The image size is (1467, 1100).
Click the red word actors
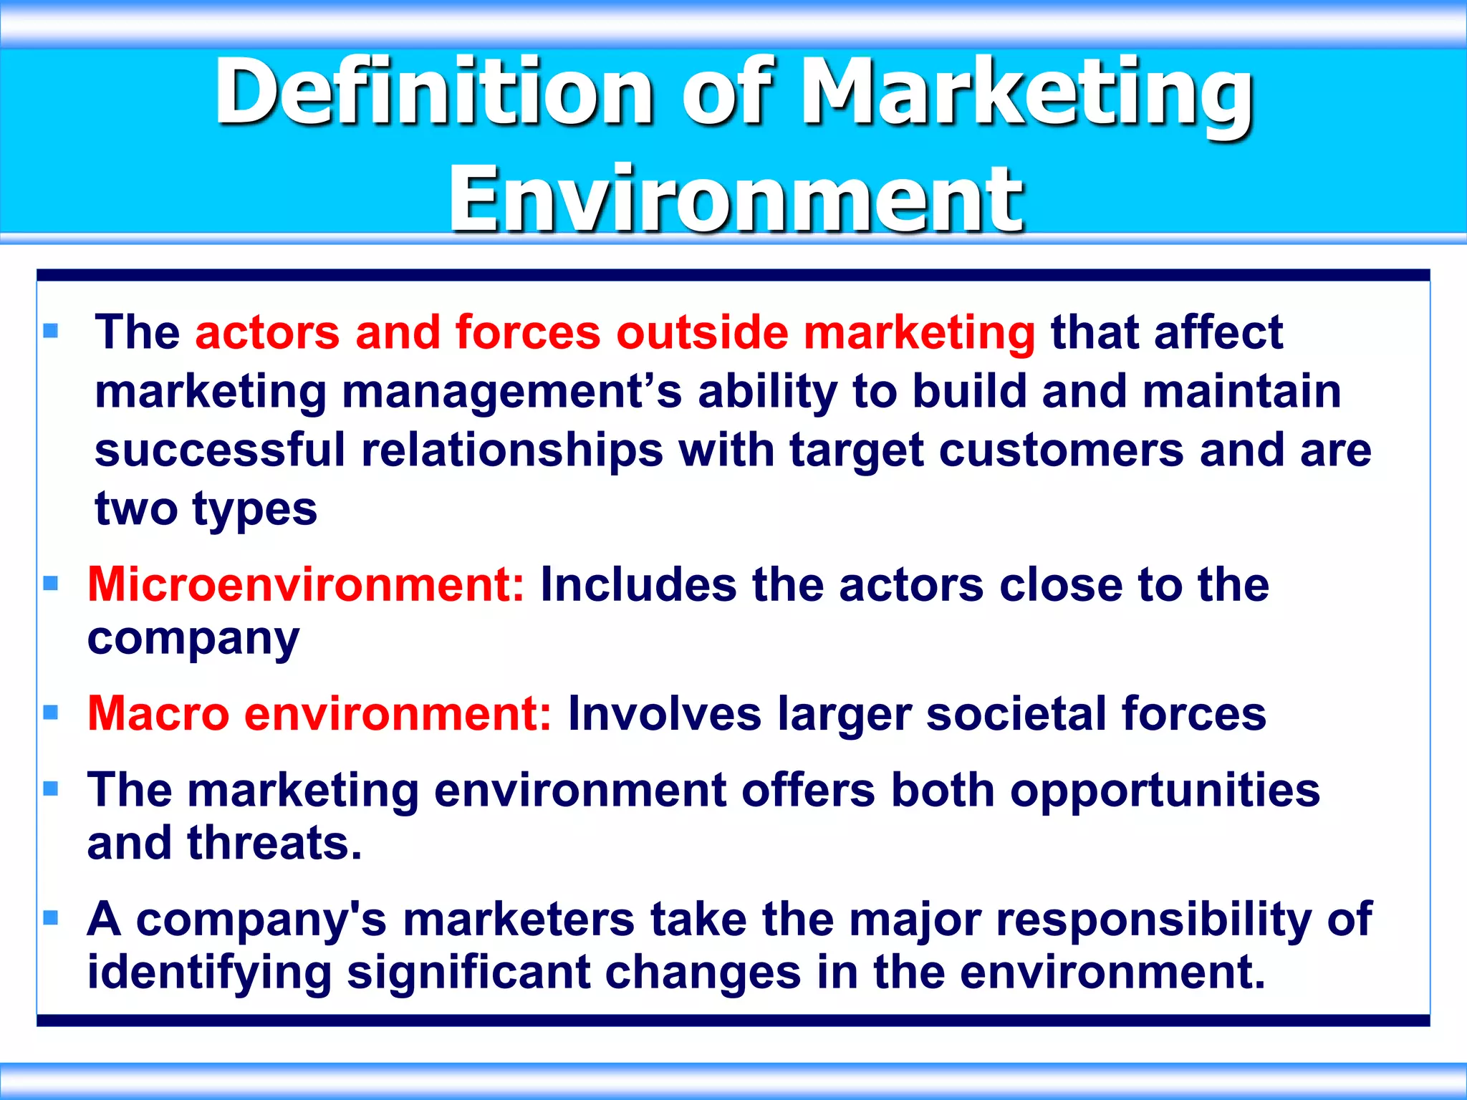click(267, 333)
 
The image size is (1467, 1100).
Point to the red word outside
click(701, 333)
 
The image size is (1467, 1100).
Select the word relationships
click(512, 451)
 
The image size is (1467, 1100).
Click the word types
click(254, 510)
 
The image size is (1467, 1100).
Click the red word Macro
click(158, 714)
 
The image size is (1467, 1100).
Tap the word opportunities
click(1165, 791)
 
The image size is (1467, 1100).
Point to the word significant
click(468, 973)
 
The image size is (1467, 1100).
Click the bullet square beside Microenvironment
click(50, 584)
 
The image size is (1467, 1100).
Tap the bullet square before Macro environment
click(50, 713)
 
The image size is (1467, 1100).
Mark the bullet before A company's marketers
click(50, 918)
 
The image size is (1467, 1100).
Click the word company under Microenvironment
click(193, 639)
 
